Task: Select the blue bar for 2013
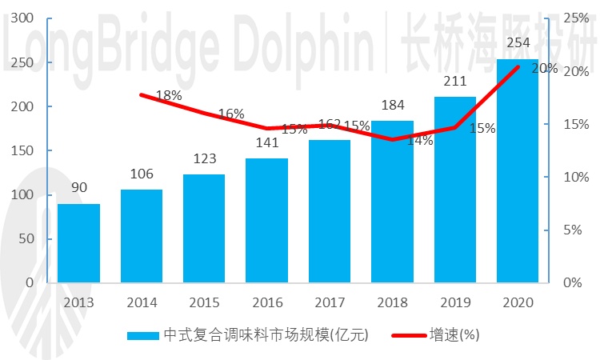[x=78, y=243]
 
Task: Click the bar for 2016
[x=266, y=221]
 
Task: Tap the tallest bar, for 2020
[x=518, y=171]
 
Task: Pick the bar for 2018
[x=392, y=202]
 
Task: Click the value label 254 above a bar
[x=518, y=44]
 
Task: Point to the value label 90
[x=78, y=189]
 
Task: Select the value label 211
[x=454, y=82]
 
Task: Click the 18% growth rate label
[x=169, y=95]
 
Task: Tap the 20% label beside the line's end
[x=544, y=69]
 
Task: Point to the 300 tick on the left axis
[x=24, y=18]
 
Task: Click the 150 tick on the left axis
[x=24, y=150]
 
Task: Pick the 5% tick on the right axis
[x=575, y=230]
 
